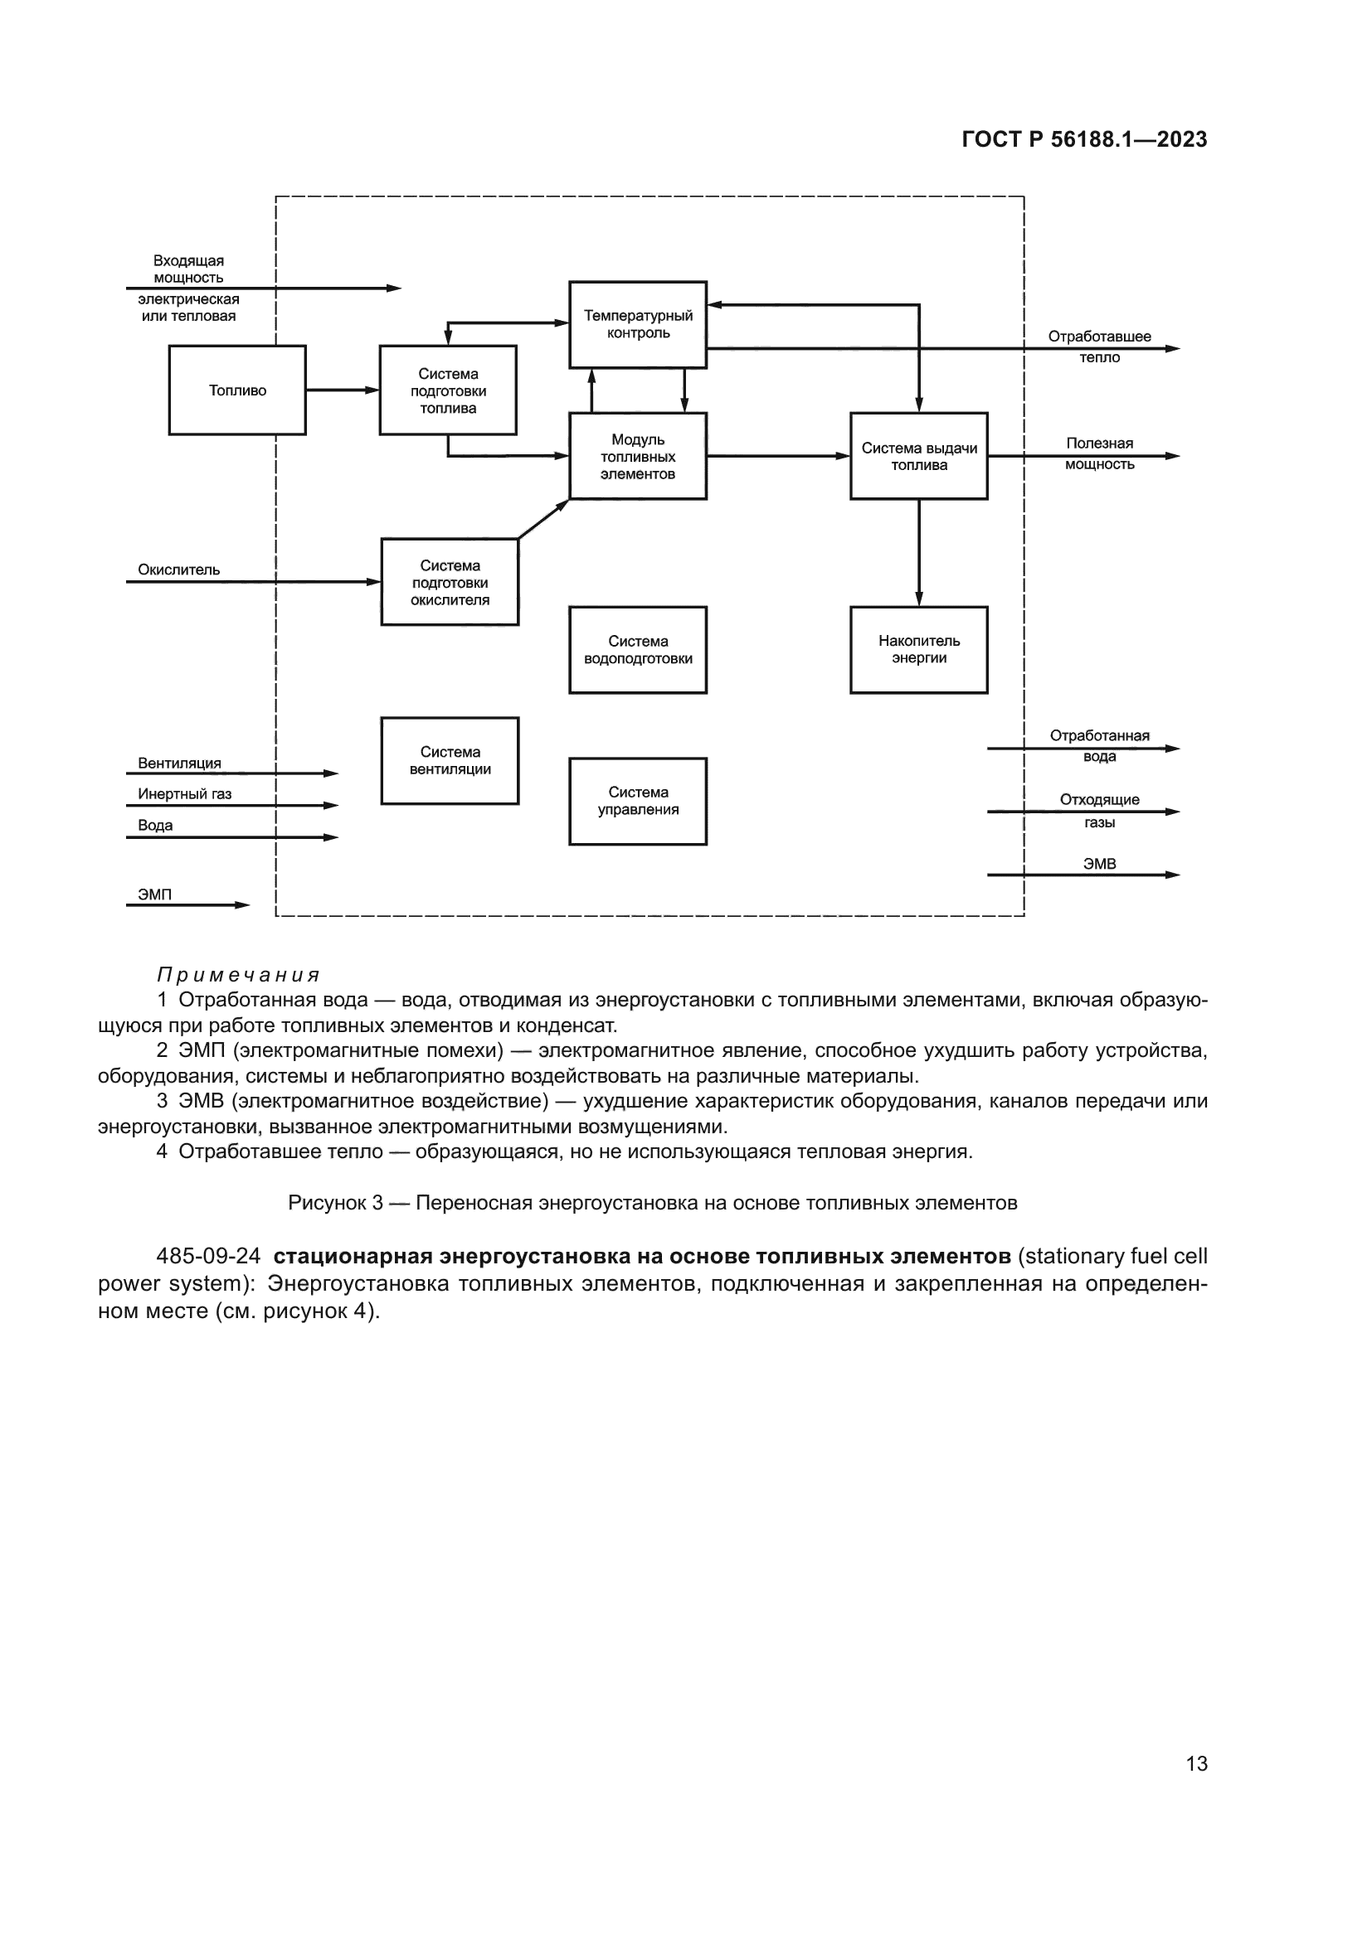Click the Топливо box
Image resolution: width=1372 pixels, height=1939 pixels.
coord(237,390)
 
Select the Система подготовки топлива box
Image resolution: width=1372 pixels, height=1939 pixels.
coord(448,390)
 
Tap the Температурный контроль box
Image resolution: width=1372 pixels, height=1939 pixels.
coord(638,324)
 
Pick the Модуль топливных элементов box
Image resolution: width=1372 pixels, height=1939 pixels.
coord(638,456)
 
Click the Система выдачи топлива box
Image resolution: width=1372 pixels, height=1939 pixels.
coord(918,456)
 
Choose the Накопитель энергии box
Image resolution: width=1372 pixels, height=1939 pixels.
coord(918,649)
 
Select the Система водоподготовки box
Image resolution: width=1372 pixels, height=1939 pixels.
coord(638,649)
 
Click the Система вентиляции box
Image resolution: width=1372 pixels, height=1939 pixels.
coord(450,760)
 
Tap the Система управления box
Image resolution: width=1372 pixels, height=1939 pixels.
coord(638,801)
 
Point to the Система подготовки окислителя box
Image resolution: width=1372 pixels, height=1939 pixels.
coord(450,582)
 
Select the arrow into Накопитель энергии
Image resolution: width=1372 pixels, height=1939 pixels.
coord(919,553)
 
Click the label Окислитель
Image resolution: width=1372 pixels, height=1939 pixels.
coord(178,570)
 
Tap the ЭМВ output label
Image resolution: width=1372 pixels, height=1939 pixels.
coord(1099,864)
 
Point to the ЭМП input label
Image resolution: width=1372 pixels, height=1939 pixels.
coord(154,894)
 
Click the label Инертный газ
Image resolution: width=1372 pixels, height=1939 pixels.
coord(184,794)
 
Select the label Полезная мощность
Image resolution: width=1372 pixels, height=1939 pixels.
coord(1099,453)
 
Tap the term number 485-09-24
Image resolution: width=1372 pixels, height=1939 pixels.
coord(208,1256)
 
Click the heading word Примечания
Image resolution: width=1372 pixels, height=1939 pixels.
coord(238,976)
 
